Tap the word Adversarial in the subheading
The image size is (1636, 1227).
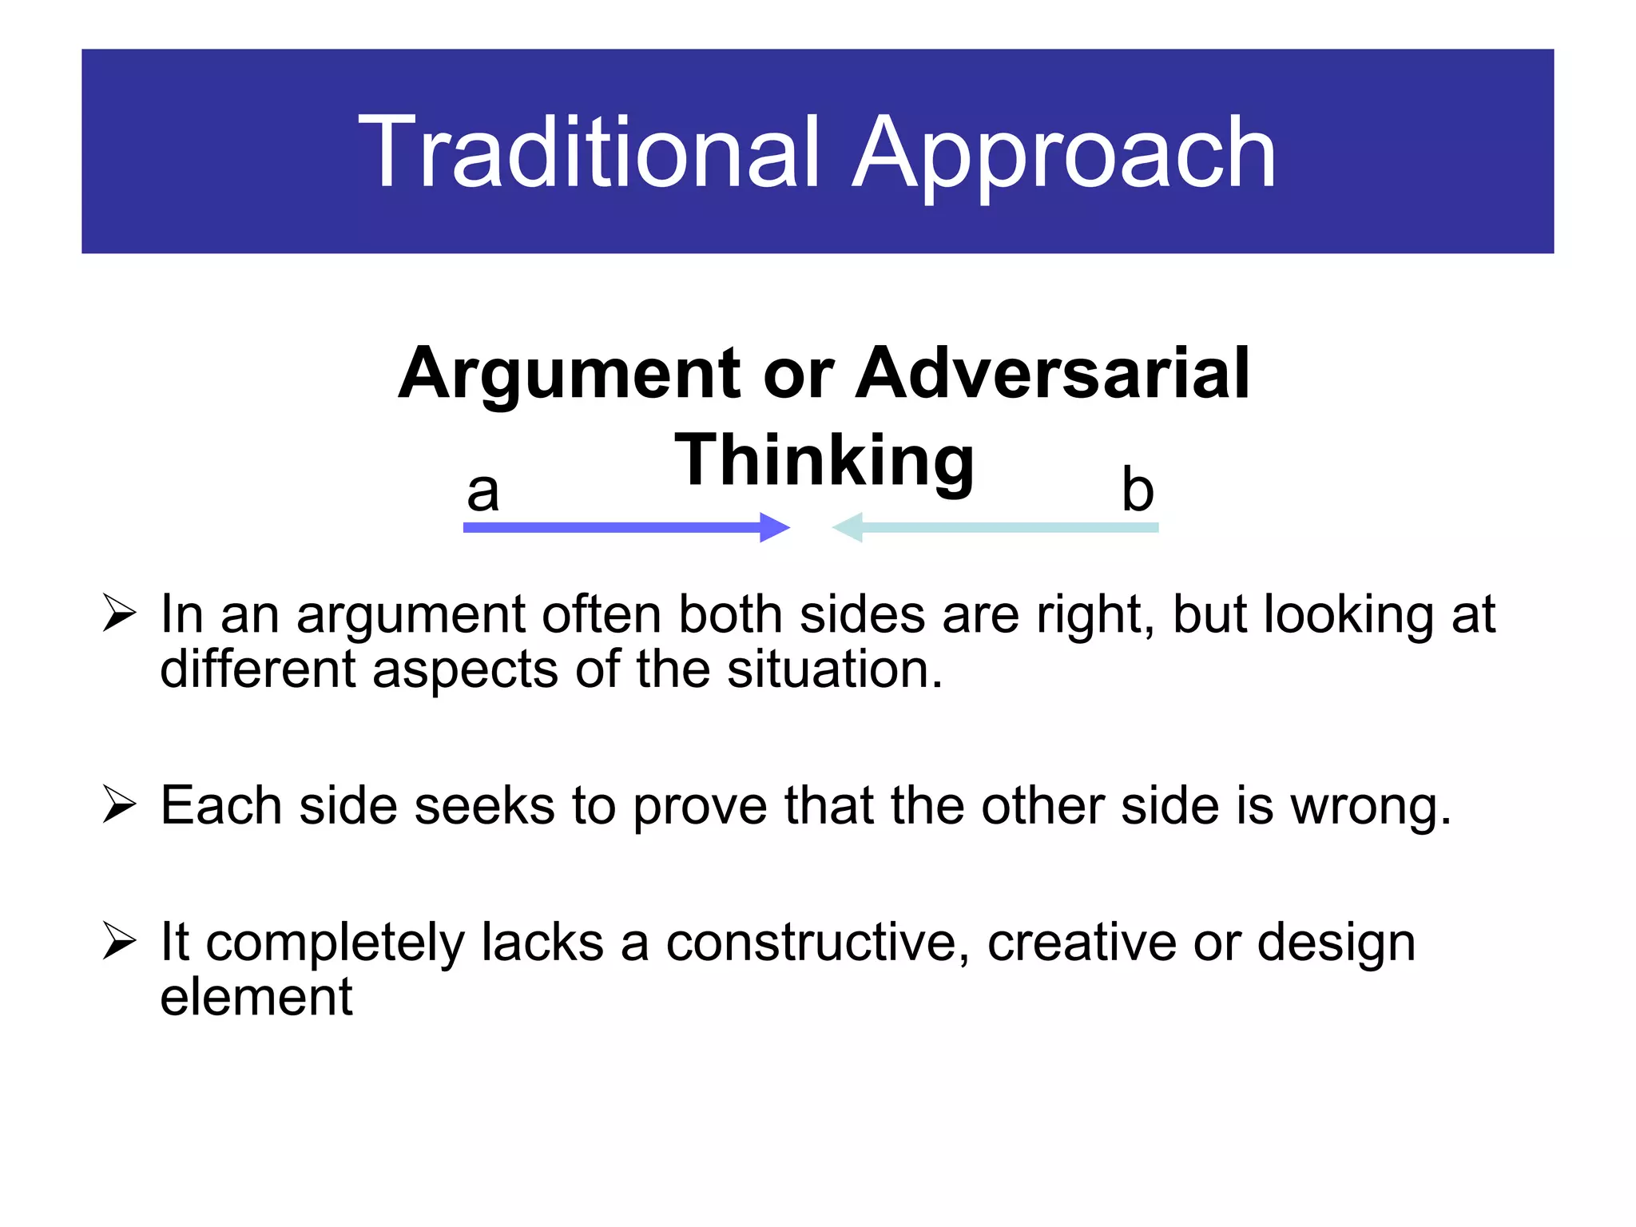(x=1052, y=373)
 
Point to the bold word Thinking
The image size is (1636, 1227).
(x=824, y=460)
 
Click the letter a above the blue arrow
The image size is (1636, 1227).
(x=482, y=490)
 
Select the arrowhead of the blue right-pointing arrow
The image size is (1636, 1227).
(x=773, y=527)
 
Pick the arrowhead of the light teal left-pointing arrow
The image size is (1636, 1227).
(x=848, y=527)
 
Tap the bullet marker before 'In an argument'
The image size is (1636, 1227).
(x=119, y=614)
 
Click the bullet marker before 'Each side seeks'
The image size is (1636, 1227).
(x=119, y=804)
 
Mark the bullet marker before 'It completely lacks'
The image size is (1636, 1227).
(x=119, y=941)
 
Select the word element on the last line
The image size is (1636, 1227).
(x=256, y=997)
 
